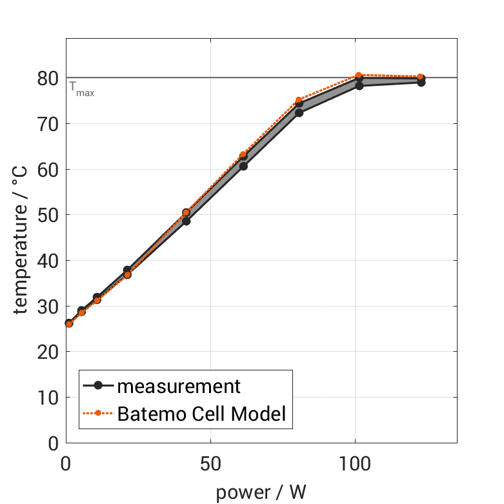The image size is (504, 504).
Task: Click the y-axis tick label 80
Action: [47, 78]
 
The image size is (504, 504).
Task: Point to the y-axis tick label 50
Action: [47, 215]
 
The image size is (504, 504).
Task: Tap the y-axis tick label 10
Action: [47, 398]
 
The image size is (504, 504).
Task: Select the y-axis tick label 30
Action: [47, 307]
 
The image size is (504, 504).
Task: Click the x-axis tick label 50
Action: [210, 465]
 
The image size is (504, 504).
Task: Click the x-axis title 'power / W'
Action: [261, 492]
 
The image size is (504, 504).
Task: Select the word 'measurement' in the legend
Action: [179, 386]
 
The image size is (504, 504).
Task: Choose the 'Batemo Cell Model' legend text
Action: [201, 414]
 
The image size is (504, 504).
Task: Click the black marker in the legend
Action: [98, 386]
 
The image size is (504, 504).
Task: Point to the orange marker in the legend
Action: [98, 414]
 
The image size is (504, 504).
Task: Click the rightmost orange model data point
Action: [420, 77]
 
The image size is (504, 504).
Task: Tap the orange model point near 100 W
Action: [359, 76]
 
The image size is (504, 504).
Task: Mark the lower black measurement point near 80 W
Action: [299, 112]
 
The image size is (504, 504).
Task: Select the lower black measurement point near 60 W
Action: [243, 166]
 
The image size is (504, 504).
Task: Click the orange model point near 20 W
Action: [127, 275]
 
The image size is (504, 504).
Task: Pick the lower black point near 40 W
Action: [186, 221]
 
